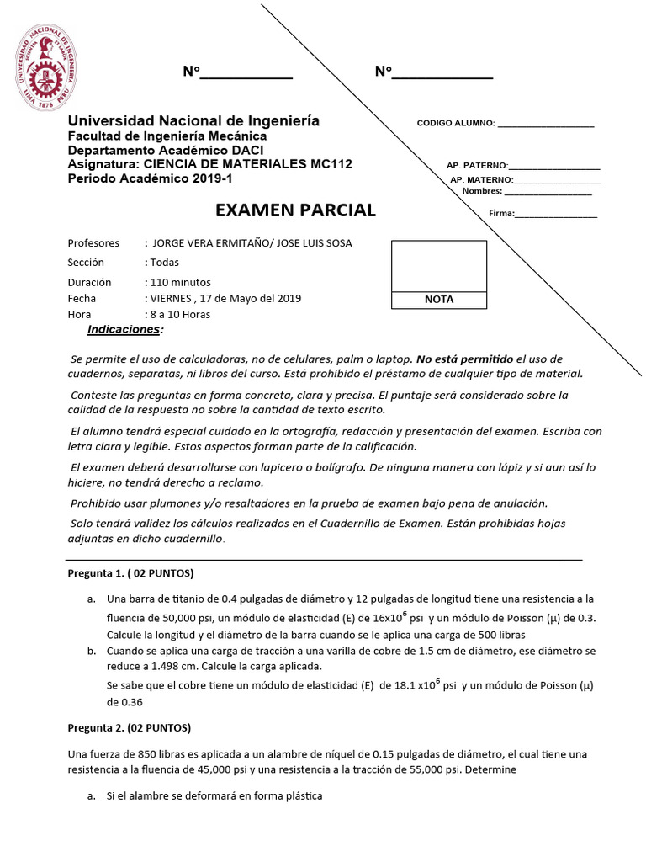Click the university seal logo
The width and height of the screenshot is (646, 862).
click(46, 70)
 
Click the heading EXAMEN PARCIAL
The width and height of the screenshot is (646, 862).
click(295, 210)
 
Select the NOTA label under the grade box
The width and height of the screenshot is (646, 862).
click(439, 300)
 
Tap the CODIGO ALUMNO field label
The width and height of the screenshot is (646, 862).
click(455, 123)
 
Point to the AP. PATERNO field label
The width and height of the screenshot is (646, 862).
click(477, 165)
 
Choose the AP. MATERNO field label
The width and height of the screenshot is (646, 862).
click(481, 180)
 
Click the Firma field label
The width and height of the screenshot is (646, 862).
click(501, 214)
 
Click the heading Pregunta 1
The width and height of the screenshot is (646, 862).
click(130, 574)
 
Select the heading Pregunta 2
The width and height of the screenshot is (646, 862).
click(129, 727)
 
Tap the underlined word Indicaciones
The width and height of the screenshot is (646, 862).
click(124, 329)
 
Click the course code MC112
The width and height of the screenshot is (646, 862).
click(331, 164)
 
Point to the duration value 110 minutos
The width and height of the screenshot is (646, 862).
click(180, 282)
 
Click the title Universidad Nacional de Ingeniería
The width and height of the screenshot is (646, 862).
click(193, 121)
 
